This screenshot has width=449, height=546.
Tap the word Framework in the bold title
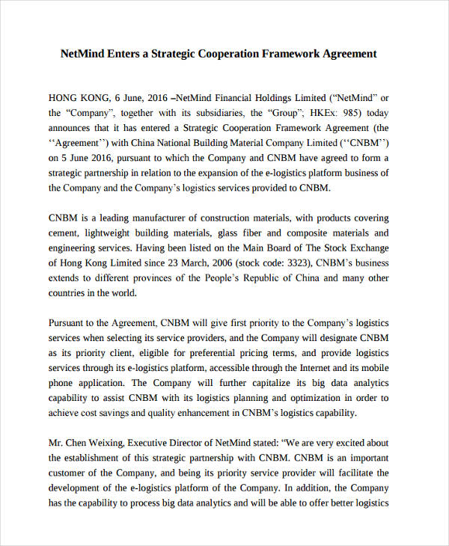[290, 54]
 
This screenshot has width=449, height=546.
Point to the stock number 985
[355, 114]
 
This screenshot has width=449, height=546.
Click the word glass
[241, 233]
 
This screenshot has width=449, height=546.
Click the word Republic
[248, 278]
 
